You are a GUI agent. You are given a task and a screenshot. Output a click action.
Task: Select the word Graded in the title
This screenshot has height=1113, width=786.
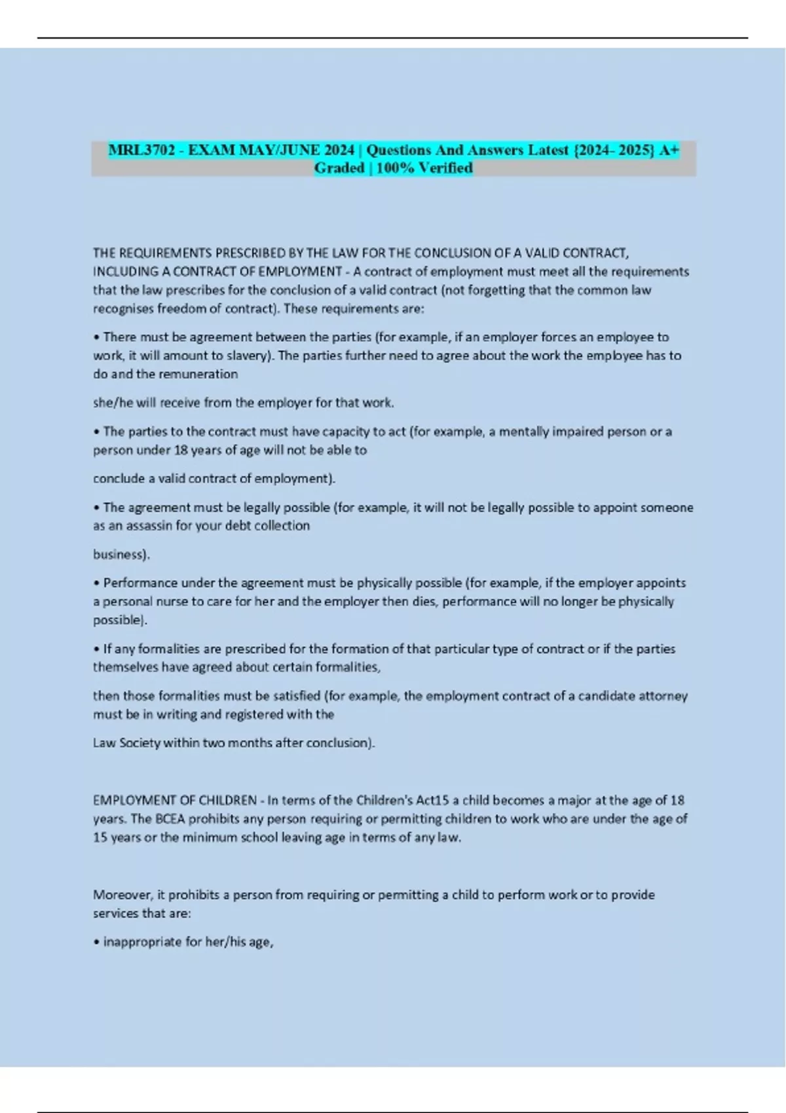coord(339,168)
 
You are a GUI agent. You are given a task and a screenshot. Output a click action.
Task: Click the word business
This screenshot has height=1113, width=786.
coord(120,554)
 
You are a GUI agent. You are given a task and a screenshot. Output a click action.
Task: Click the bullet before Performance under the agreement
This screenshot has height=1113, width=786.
coord(96,583)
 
